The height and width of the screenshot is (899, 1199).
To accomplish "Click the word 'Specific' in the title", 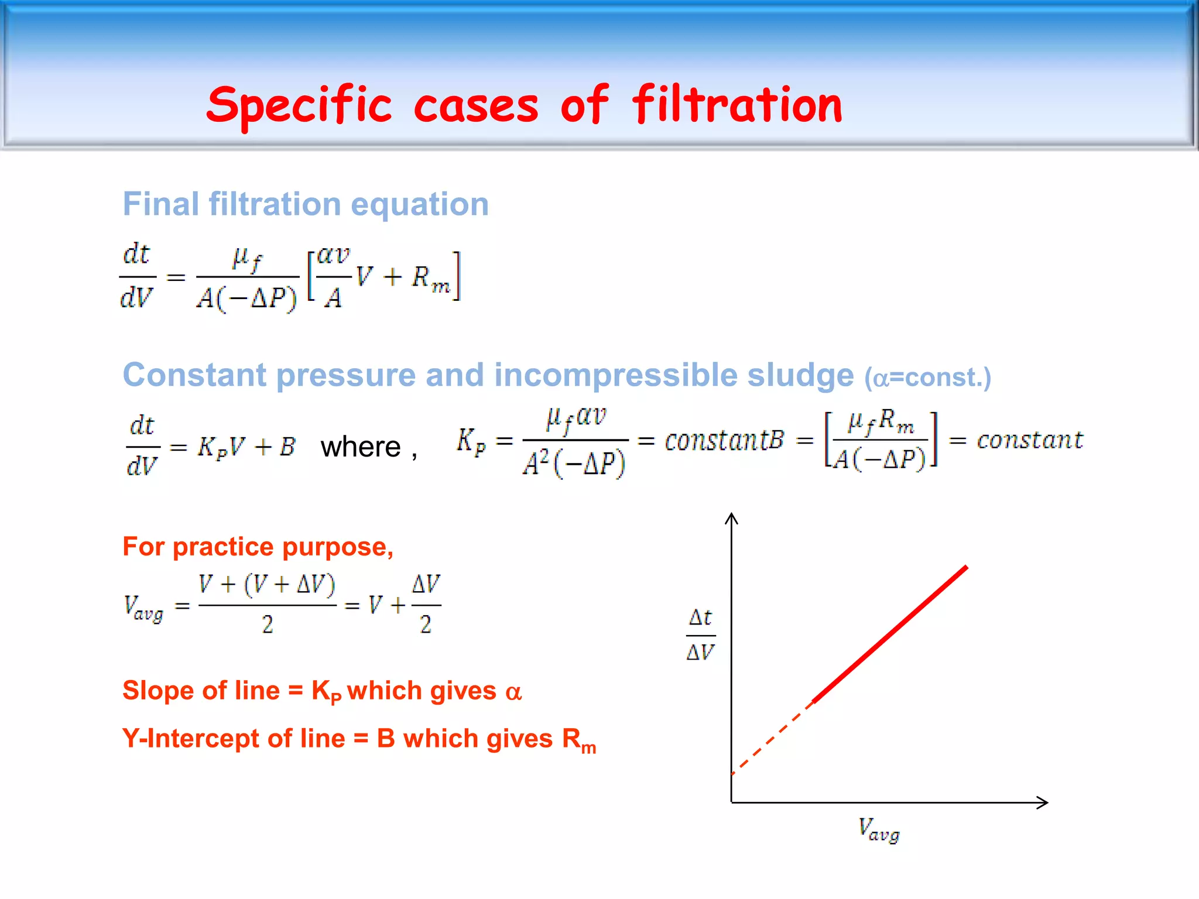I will pos(299,105).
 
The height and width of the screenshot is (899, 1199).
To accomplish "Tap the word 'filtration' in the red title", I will pos(737,105).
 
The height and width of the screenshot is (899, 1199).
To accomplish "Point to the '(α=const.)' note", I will pos(927,378).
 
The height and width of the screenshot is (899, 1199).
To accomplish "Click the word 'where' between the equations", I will pos(361,447).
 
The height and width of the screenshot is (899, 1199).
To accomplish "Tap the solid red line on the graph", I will pos(890,634).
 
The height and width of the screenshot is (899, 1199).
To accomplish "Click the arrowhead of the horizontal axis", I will pos(1042,802).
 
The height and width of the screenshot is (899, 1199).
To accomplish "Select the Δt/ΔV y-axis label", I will pos(701,635).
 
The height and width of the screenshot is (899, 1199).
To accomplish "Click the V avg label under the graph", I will pos(879,830).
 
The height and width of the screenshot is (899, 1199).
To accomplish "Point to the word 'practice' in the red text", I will pos(223,547).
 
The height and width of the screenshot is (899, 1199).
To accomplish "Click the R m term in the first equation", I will pos(430,278).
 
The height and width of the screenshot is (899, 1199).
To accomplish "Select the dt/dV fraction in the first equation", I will pos(137,276).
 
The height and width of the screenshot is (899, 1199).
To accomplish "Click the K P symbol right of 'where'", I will pos(471,441).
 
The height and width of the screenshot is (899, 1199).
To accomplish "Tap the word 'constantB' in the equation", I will pos(724,440).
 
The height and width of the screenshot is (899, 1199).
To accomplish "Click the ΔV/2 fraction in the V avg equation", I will pos(426,605).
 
